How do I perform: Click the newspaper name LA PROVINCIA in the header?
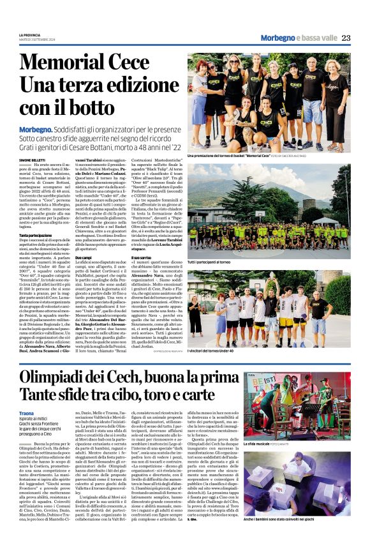[31, 34]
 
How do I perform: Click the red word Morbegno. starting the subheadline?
[38, 129]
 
